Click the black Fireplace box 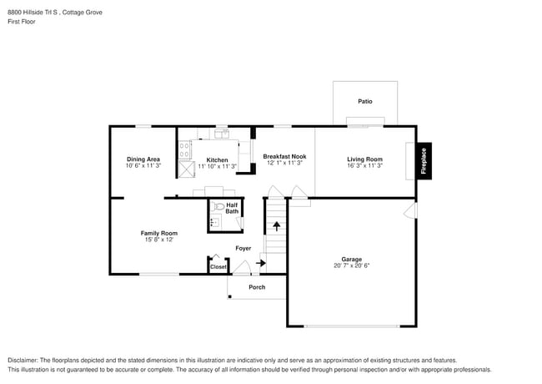(424, 159)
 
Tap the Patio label (365, 102)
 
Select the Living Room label (364, 159)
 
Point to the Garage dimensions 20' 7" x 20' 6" (350, 265)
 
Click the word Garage (350, 259)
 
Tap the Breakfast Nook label (284, 156)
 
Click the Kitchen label (217, 160)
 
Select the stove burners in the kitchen (185, 149)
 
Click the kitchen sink (222, 132)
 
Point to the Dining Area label (143, 159)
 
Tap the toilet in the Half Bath (218, 206)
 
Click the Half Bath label (232, 208)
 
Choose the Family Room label (158, 233)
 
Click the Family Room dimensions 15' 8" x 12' (158, 240)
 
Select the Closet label (218, 267)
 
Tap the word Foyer (243, 248)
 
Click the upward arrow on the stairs (277, 225)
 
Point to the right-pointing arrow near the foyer (261, 264)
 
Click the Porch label (257, 287)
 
